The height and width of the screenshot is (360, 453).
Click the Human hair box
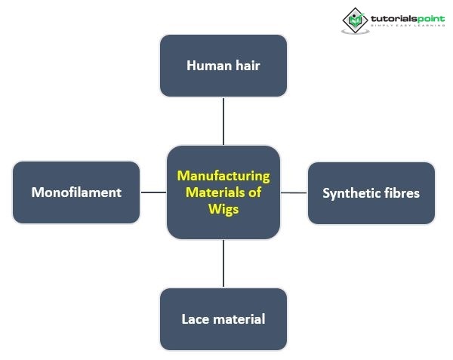click(x=223, y=66)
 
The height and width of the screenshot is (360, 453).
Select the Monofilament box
click(x=76, y=192)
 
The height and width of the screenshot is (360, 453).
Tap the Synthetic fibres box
click(x=371, y=193)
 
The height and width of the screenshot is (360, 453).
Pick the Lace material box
click(x=223, y=318)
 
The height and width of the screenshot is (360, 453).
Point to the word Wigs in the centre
click(x=223, y=209)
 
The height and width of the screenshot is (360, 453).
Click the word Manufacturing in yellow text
click(x=223, y=176)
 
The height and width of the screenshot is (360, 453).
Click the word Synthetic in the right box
click(x=347, y=193)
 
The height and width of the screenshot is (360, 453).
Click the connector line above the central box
click(x=223, y=121)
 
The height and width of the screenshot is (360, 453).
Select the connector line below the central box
click(x=223, y=263)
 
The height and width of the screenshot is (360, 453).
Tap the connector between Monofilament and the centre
click(x=153, y=192)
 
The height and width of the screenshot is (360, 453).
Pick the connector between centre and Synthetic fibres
click(x=294, y=192)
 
